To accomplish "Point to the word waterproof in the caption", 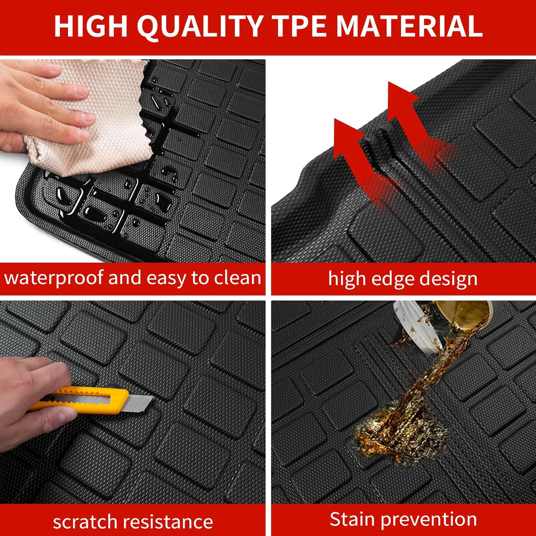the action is tap(54, 278).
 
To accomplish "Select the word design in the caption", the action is tap(448, 279).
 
